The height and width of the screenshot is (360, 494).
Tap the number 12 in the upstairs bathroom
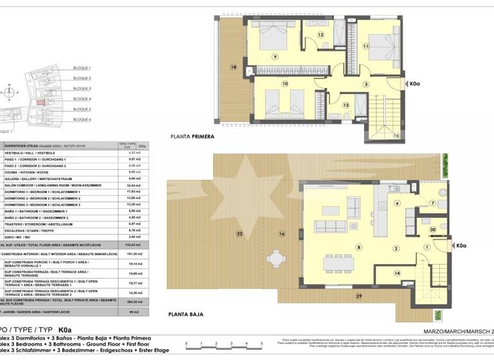[320, 35]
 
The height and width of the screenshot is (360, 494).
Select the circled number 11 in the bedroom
[365, 46]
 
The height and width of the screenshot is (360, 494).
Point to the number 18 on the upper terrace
[233, 67]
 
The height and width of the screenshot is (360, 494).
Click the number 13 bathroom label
[345, 105]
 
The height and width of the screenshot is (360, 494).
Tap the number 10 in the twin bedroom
[284, 83]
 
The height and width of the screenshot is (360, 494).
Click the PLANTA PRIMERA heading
[192, 136]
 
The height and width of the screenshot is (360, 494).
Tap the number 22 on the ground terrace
[240, 233]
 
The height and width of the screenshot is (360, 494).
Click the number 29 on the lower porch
[359, 295]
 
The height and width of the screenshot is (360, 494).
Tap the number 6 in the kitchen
[397, 204]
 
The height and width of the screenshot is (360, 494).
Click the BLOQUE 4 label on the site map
[82, 99]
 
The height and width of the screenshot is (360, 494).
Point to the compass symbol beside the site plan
[10, 93]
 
